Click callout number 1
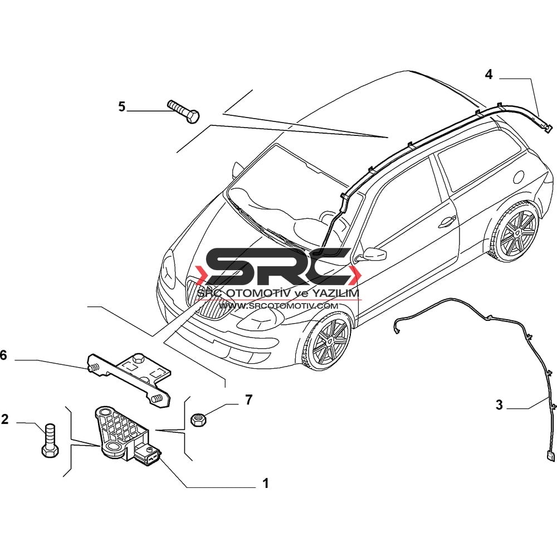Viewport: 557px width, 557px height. pyautogui.click(x=265, y=483)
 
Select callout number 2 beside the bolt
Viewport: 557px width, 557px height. pyautogui.click(x=4, y=419)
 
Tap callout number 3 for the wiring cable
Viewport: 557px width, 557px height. pyautogui.click(x=500, y=404)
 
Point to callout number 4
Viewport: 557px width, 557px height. pyautogui.click(x=489, y=74)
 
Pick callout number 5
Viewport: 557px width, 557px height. pyautogui.click(x=122, y=106)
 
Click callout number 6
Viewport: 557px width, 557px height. pyautogui.click(x=3, y=355)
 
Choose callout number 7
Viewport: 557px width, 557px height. pyautogui.click(x=249, y=399)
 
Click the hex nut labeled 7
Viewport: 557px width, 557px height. pyautogui.click(x=197, y=420)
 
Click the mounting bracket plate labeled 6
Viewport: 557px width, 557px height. pyautogui.click(x=130, y=378)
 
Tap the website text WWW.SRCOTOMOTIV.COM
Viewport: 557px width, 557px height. pyautogui.click(x=278, y=305)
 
